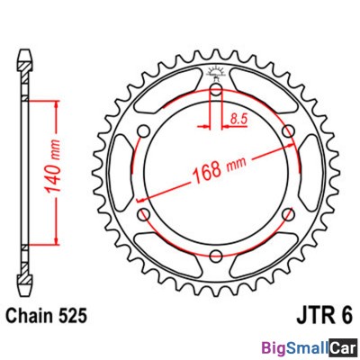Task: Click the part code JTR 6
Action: coord(320,316)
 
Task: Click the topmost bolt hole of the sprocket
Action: coord(216,91)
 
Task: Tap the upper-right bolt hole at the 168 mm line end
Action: coord(288,132)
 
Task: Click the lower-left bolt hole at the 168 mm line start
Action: coord(144,214)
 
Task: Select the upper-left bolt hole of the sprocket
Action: coord(144,132)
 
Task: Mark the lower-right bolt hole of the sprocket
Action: coord(288,214)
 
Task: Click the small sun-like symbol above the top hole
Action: coord(216,73)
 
